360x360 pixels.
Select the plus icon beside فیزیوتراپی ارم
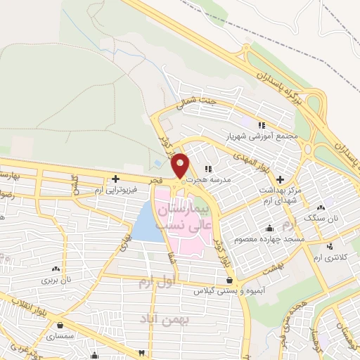click(115, 179)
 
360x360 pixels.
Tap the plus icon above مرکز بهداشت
click(281, 179)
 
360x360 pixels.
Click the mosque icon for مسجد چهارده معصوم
click(269, 229)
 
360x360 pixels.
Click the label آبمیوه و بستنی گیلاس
click(228, 291)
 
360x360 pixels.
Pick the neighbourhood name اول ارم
click(153, 284)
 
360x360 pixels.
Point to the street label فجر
click(155, 181)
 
